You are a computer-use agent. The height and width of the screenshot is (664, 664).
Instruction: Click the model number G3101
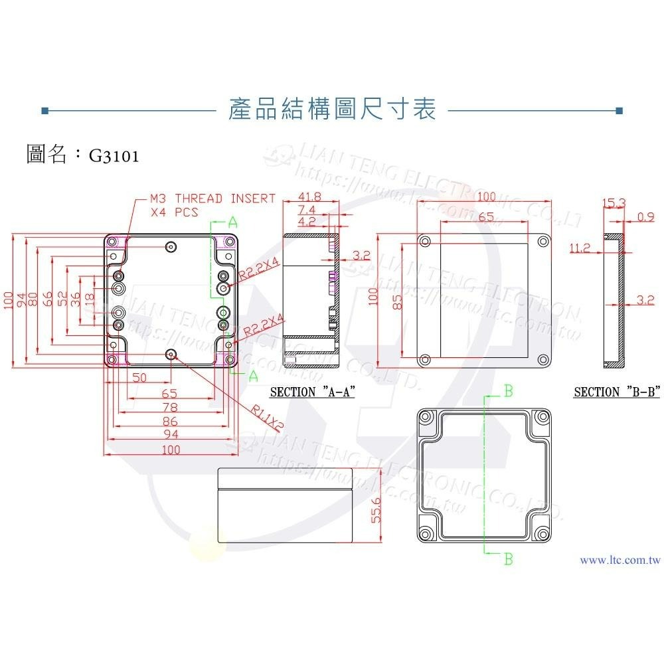tap(114, 156)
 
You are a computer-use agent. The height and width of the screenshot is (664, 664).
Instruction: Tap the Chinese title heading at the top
tap(331, 110)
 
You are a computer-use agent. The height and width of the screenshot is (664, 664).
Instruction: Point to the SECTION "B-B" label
tap(617, 392)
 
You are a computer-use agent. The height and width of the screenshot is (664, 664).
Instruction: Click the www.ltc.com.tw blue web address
tap(620, 560)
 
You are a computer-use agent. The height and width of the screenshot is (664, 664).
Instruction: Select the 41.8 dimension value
tap(309, 197)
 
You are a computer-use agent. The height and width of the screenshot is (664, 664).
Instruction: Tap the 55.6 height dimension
tap(376, 510)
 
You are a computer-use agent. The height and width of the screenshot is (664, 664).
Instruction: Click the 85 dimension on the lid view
tap(397, 302)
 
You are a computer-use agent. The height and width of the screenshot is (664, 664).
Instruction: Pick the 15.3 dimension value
tap(613, 203)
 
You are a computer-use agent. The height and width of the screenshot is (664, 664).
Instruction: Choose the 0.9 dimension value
tap(645, 216)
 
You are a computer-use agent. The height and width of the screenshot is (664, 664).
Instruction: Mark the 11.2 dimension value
tap(579, 248)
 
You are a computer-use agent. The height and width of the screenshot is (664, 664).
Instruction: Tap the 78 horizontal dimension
tap(170, 406)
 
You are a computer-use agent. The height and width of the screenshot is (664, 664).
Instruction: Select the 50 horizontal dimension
tap(139, 377)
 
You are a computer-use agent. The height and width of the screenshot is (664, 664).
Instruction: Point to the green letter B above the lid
tap(508, 390)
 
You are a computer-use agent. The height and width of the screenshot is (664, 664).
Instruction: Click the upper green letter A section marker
tap(233, 222)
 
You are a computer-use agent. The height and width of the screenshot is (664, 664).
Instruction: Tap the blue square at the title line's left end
tap(44, 110)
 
